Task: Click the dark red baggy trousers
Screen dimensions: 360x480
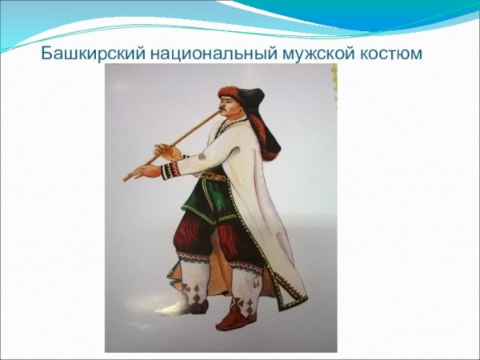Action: tap(200, 240)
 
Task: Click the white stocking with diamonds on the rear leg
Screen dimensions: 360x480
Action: tap(192, 283)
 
